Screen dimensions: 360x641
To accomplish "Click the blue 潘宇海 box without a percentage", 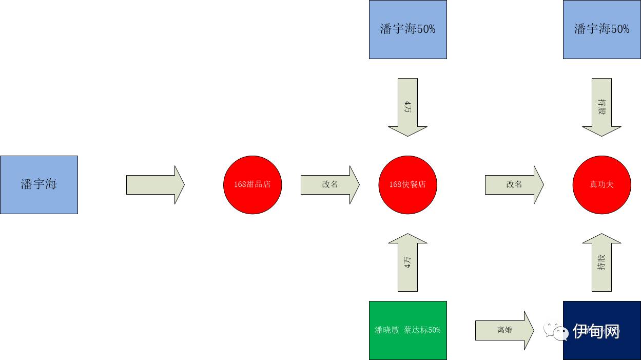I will [39, 184].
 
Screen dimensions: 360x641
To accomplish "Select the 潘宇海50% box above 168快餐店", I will [408, 29].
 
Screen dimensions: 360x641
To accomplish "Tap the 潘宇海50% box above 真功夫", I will [601, 29].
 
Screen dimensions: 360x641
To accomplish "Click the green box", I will [408, 330].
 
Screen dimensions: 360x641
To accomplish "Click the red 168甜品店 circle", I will [252, 184].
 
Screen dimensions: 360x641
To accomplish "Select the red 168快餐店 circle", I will [408, 184].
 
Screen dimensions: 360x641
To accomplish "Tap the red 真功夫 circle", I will [601, 184].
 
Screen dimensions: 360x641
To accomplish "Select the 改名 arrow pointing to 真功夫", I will [514, 184].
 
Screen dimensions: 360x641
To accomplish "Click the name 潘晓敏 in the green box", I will [387, 330].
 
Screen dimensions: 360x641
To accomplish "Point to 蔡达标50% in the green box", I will [422, 330].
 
